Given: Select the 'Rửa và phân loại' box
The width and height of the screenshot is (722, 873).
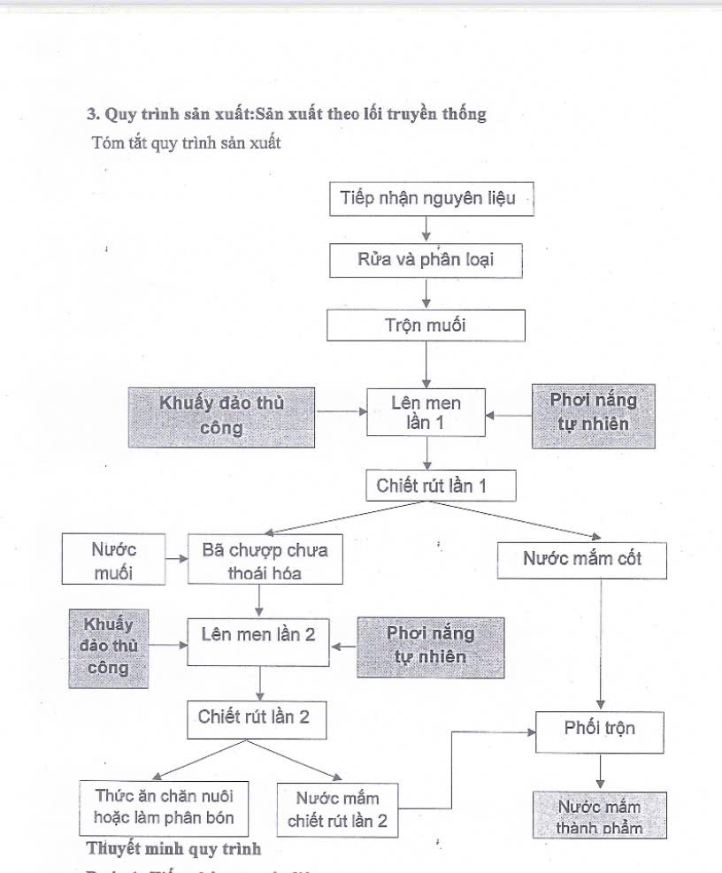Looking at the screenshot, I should click(426, 260).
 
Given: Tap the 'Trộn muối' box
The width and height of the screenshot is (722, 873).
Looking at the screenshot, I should click(426, 325).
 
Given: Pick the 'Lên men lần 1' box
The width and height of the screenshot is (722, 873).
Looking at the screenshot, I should click(426, 412).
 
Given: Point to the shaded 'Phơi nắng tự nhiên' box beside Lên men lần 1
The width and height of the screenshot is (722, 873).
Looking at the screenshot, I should click(594, 411).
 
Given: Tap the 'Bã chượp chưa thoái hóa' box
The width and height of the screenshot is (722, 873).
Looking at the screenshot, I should click(265, 561).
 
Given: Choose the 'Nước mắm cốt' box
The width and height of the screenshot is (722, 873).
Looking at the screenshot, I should click(581, 559).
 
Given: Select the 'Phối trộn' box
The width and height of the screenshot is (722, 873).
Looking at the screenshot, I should click(600, 729).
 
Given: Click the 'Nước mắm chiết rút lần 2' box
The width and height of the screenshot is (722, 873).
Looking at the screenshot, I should click(337, 809).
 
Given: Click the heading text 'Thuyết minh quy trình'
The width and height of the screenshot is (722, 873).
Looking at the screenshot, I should click(173, 849).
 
